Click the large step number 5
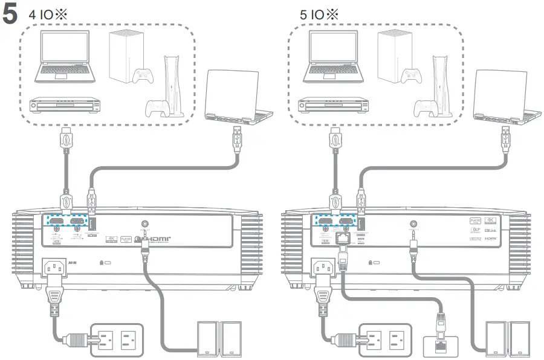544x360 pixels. point(10,15)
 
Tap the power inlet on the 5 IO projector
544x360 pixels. point(321,266)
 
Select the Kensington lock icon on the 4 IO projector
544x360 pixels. point(105,264)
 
